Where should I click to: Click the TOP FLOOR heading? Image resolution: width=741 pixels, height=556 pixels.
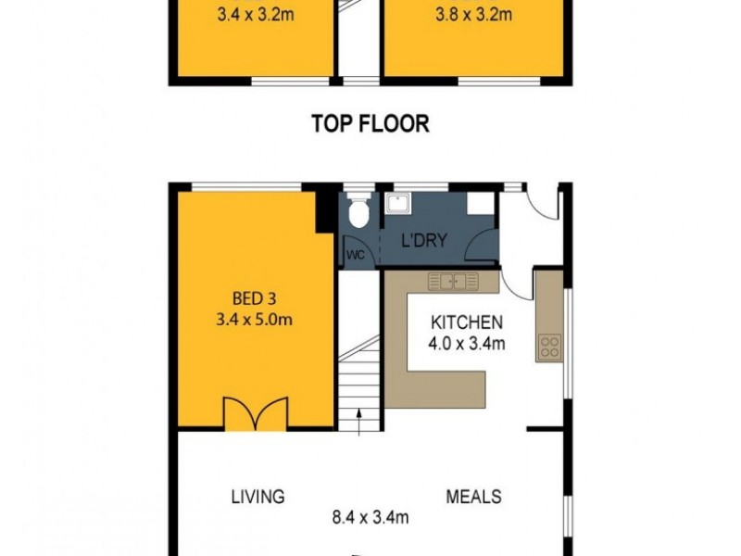[x=370, y=123]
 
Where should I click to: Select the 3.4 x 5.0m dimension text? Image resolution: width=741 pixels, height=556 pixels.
[x=255, y=321]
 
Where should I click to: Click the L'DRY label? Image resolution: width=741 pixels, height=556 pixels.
[x=423, y=241]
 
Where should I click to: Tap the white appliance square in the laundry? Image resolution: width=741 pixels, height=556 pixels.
[x=479, y=204]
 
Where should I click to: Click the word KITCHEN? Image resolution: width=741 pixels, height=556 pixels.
[x=467, y=323]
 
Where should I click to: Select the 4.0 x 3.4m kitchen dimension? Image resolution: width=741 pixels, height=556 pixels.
[x=467, y=345]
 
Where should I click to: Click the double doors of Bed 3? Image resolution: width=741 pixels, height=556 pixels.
[x=255, y=412]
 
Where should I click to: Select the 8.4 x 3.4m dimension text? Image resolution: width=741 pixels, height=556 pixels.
[x=371, y=517]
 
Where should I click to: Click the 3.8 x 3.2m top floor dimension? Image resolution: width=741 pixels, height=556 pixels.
[x=472, y=15]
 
